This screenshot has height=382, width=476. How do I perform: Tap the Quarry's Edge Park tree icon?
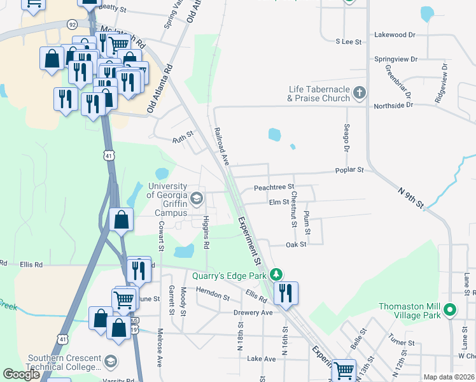point(276,275)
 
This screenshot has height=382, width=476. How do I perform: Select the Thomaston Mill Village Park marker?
point(450,311)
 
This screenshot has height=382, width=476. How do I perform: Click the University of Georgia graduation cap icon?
point(197,198)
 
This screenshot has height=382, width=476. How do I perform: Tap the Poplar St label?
point(350,171)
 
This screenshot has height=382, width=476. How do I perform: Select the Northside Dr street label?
point(393,104)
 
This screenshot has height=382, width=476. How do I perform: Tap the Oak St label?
point(297,244)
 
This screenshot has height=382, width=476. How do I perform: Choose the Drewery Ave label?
point(253,313)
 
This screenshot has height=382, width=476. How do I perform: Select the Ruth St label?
point(183,139)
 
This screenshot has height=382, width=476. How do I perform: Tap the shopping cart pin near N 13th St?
point(344,369)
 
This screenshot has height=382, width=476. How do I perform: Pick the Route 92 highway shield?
point(73,25)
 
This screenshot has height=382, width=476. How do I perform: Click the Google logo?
point(22,374)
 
